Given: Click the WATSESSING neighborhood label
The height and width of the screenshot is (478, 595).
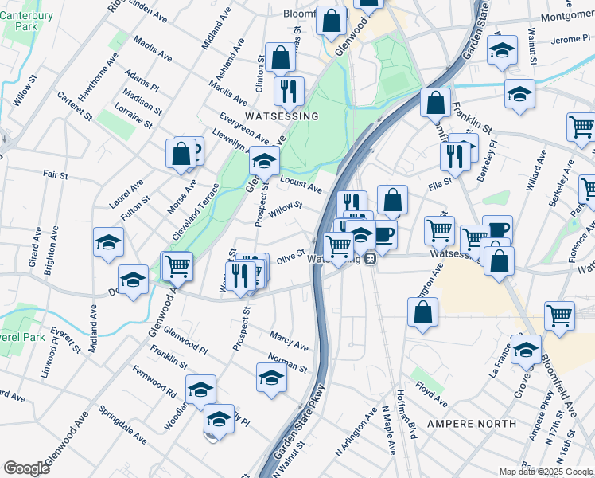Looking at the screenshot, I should pos(282,116).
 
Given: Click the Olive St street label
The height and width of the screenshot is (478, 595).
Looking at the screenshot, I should pos(291,259).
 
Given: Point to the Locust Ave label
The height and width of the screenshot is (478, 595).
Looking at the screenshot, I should pos(301,185).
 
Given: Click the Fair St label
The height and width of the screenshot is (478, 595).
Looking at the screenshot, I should pos(55,174).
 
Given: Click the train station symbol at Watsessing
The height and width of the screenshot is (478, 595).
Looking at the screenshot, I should pos(371,261).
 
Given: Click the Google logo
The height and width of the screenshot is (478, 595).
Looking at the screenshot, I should pos(27,468).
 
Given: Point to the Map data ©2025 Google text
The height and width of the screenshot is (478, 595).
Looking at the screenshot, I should pos(546,472).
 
